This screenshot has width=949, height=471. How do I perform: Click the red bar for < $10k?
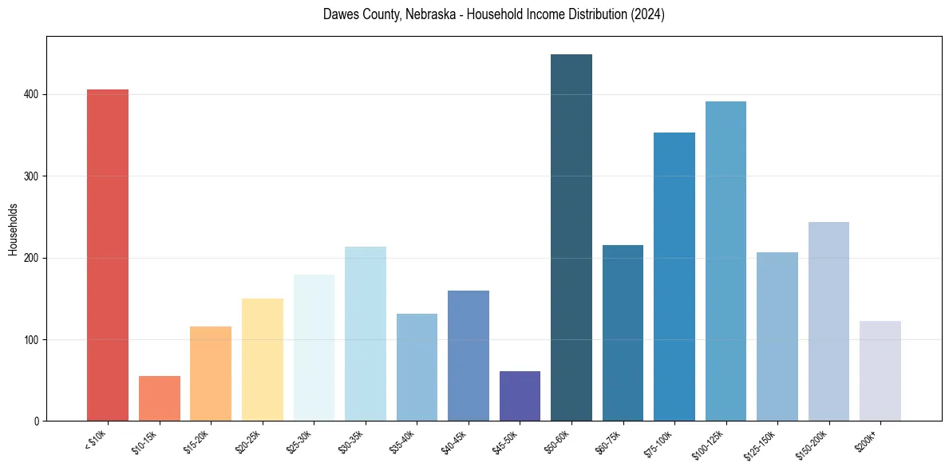coord(108,255)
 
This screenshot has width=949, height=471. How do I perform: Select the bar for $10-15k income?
coord(160,398)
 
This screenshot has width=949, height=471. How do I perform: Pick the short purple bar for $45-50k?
coord(520,396)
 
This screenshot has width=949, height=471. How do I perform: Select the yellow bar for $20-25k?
coord(263,360)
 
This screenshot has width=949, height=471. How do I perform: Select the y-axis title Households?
coord(13,229)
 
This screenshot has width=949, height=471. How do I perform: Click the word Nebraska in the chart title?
coord(420,14)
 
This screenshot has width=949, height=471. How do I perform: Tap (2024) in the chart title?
coord(647,14)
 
